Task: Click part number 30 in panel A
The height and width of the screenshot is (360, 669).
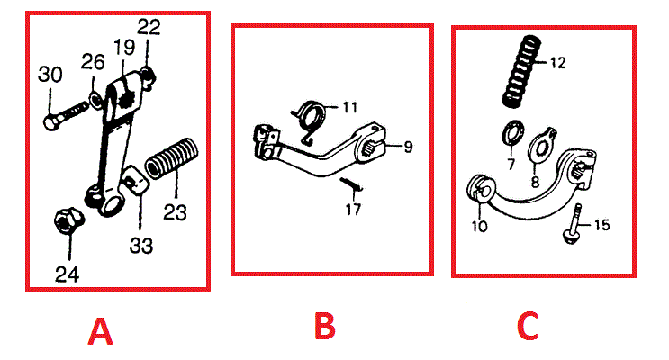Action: coord(51,76)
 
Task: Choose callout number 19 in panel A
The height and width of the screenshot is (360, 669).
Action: coord(123,45)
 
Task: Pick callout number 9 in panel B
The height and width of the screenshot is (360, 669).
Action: coord(408,146)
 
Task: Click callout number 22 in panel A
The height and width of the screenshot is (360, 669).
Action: coord(149,27)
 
